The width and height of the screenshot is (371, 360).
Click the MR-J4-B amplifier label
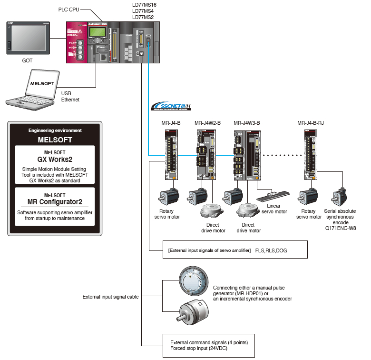171,122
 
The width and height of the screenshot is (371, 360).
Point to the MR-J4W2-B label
208,122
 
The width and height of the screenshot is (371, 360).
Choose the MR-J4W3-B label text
247,122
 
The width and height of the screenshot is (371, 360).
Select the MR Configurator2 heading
55,202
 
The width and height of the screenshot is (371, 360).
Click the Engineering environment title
55,130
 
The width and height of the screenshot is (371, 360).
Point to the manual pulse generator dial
193,280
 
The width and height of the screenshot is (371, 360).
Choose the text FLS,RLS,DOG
271,250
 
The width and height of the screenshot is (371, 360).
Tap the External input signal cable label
111,297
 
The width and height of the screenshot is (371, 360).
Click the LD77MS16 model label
144,5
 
